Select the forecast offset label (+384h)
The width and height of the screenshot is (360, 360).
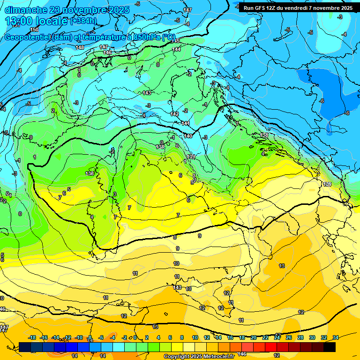point(83,21)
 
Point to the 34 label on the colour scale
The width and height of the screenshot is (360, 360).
point(336,337)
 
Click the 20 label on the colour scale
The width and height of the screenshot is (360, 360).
point(253,337)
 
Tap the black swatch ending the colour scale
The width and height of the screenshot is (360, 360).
point(330,347)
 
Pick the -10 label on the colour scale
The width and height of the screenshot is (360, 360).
point(79,337)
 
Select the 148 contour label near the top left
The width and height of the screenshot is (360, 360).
point(80,47)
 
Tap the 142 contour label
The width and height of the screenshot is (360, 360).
point(175,114)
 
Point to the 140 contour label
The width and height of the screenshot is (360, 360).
point(188,136)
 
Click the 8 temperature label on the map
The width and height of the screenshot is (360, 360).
point(175,238)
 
